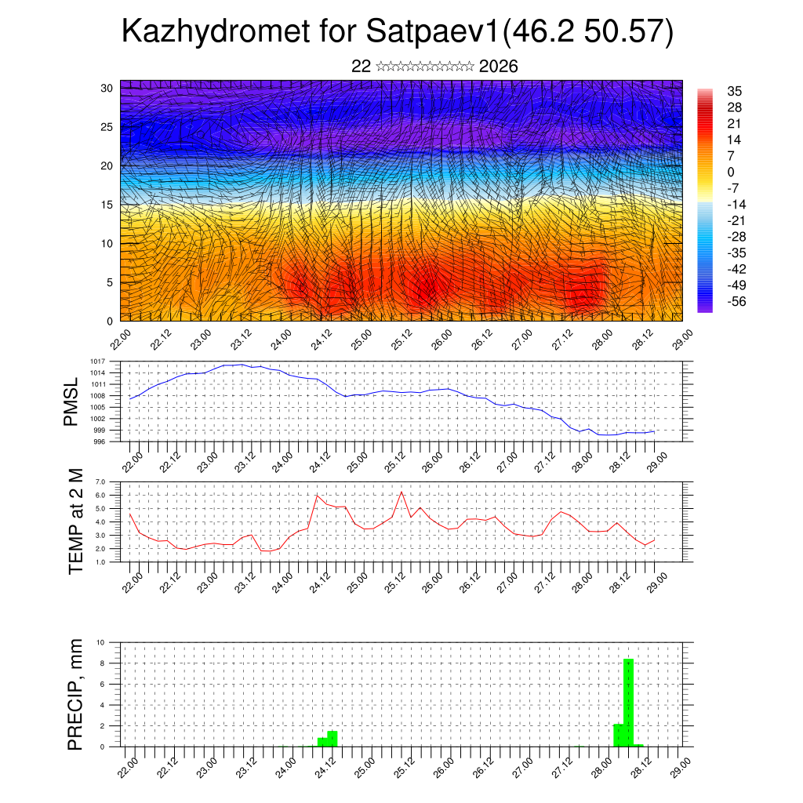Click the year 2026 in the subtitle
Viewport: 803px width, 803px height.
click(x=498, y=67)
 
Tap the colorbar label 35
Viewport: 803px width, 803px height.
click(x=735, y=91)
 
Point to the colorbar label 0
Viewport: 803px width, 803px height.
click(x=731, y=172)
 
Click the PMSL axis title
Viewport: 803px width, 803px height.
click(x=71, y=401)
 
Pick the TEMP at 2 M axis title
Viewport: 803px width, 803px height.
click(x=75, y=521)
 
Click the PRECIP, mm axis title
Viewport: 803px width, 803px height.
click(x=75, y=693)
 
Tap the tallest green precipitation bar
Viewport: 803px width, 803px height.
click(x=628, y=702)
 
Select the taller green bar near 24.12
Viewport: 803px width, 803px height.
click(x=332, y=738)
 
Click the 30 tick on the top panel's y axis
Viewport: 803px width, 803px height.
click(x=107, y=88)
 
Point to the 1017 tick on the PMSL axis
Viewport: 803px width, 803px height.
click(x=97, y=362)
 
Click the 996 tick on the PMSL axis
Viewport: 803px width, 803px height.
click(x=99, y=442)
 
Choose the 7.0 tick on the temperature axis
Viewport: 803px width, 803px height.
click(x=100, y=481)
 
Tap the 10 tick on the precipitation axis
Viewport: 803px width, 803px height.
click(x=100, y=642)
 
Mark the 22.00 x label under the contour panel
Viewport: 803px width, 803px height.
click(x=120, y=343)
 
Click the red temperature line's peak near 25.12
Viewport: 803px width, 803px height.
click(x=401, y=492)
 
